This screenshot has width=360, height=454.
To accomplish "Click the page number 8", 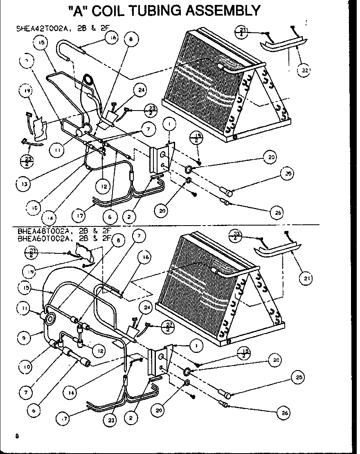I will [x=17, y=436].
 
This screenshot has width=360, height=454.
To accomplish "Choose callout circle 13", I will [x=25, y=184].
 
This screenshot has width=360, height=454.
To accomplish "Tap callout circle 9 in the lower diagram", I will [x=25, y=338].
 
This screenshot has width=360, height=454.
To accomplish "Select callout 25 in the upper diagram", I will [x=288, y=174].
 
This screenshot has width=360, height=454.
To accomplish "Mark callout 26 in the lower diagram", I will [x=285, y=413].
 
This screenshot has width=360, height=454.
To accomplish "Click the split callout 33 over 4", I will [x=237, y=235].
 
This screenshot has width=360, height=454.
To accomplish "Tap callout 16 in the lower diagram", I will [x=146, y=257].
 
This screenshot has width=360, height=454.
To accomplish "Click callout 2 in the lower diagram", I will [x=130, y=418].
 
